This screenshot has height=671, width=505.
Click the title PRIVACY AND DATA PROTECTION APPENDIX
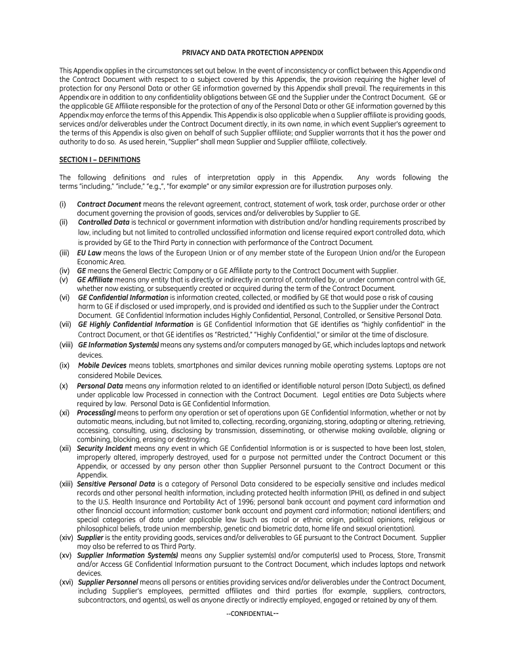253,52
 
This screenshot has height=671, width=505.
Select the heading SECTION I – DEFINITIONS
100,160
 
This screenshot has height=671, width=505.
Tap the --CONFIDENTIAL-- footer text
253,613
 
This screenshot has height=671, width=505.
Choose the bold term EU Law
89,252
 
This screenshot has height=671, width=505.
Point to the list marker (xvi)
66,582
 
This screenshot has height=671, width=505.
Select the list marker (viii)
66,345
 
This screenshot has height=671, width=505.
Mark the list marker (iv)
64,271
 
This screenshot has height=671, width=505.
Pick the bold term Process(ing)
97,413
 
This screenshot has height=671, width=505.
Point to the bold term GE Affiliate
96,279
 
